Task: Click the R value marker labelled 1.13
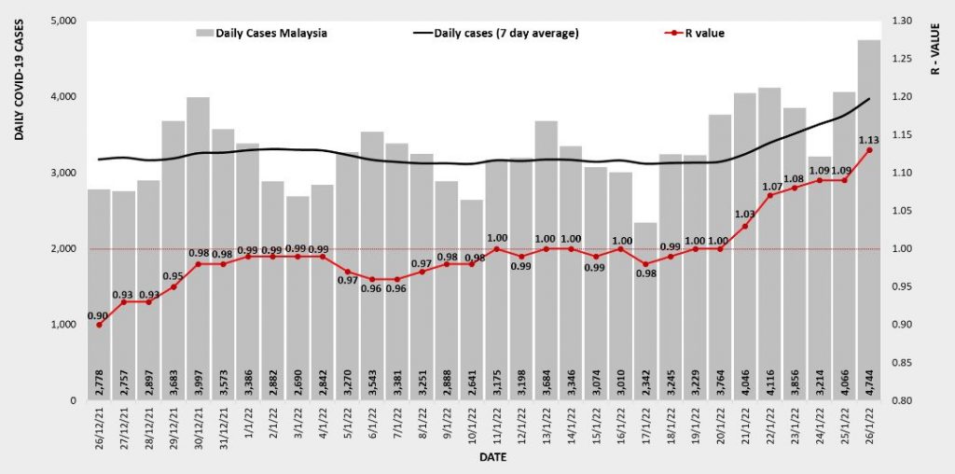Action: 868,150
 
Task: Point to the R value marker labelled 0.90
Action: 99,325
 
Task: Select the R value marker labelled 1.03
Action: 744,226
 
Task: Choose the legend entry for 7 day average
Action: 496,34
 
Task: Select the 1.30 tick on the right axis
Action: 905,21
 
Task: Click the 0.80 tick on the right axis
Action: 905,400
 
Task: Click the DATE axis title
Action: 492,458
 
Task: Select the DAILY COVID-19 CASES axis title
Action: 20,84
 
